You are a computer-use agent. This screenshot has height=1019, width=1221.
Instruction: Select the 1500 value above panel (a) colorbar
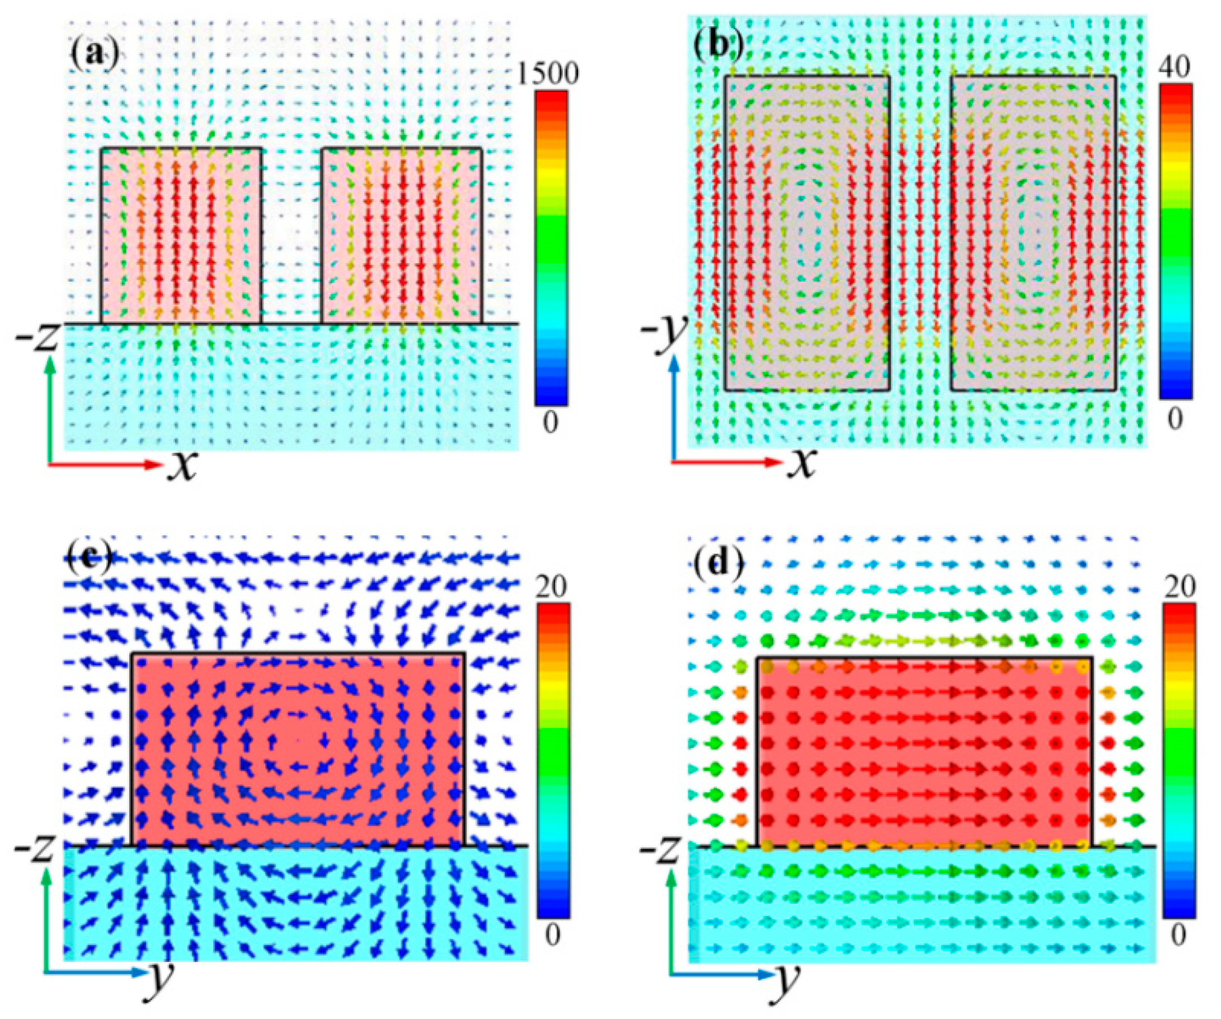(x=550, y=74)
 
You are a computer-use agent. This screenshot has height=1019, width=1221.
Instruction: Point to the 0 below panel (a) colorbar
(x=550, y=423)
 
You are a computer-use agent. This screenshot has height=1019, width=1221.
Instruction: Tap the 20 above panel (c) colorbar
(x=551, y=590)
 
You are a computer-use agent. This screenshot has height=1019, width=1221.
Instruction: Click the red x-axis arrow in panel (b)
(x=727, y=462)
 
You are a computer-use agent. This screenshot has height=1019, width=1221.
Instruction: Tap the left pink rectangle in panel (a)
(x=181, y=236)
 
